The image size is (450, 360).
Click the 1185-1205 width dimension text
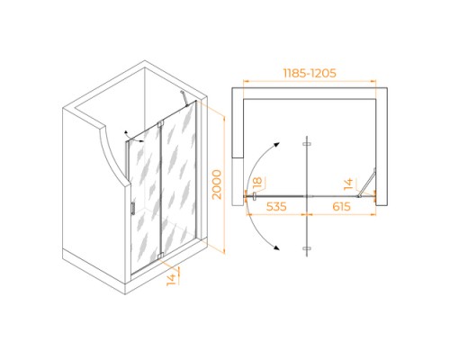(x=310, y=73)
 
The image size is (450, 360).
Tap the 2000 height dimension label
(x=217, y=184)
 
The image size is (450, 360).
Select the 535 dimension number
(x=276, y=206)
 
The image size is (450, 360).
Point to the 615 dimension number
(x=341, y=206)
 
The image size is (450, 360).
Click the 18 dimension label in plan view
(x=257, y=183)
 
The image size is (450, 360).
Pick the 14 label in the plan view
(x=348, y=184)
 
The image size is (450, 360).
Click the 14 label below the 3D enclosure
(x=171, y=279)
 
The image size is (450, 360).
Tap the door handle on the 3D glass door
(x=133, y=208)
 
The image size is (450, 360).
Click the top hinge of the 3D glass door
(x=160, y=123)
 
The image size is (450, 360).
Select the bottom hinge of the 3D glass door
(x=160, y=256)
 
